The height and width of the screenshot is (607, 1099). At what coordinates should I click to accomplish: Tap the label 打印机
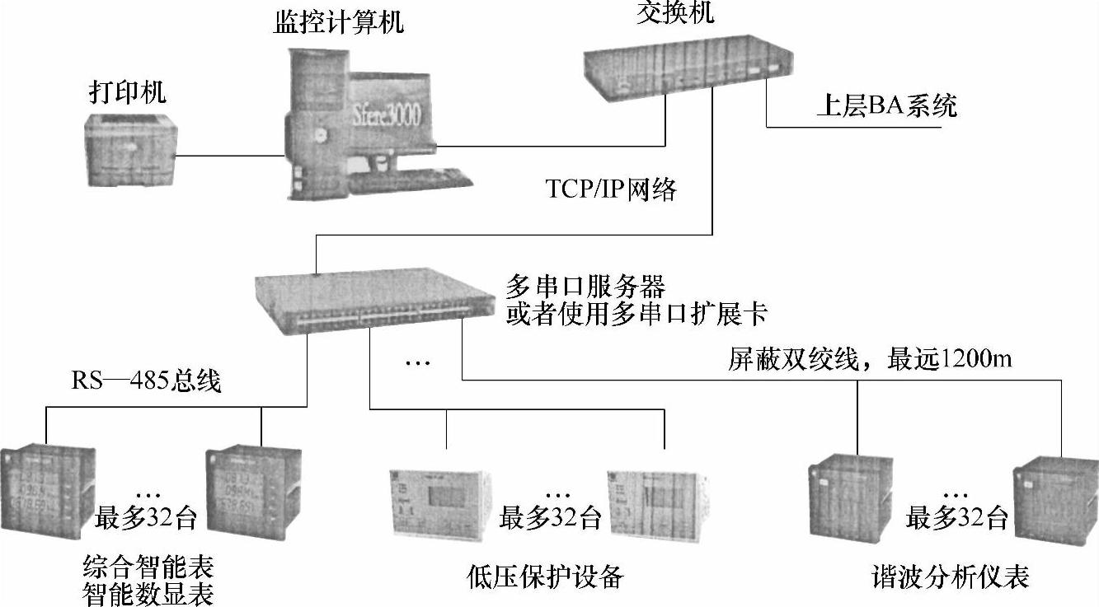[x=127, y=92]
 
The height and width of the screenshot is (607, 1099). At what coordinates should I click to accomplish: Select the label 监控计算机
[x=339, y=22]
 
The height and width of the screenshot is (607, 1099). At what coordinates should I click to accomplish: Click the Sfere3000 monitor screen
[x=387, y=113]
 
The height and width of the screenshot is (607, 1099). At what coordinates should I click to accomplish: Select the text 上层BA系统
[x=885, y=106]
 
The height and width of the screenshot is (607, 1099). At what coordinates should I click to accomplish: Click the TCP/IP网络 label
[x=611, y=189]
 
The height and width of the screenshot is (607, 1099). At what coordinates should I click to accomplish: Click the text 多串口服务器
[x=585, y=287]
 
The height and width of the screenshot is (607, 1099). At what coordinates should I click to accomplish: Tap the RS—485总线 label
[x=146, y=381]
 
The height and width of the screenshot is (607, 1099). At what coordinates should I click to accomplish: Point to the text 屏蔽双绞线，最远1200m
[x=870, y=360]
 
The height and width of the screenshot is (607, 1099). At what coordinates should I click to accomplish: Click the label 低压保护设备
[x=544, y=577]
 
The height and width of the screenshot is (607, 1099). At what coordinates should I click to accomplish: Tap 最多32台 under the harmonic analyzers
[x=956, y=518]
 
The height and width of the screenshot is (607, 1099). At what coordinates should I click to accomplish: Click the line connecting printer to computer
[x=226, y=154]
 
